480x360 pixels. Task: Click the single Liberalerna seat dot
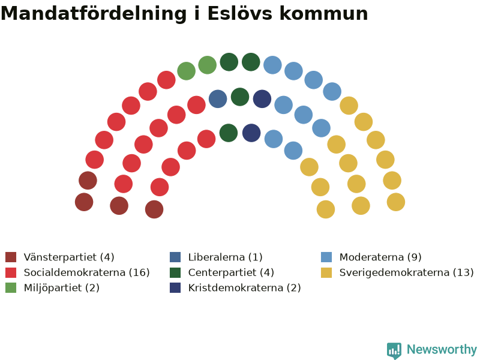coord(218,99)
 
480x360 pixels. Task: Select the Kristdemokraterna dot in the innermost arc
coord(251,133)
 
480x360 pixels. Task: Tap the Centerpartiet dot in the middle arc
coord(240,97)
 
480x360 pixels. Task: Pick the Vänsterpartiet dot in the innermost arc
coord(154,209)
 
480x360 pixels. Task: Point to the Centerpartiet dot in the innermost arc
coord(229,133)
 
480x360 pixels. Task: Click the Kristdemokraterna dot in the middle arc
coord(262,99)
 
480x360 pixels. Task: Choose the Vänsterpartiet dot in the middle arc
coord(119,206)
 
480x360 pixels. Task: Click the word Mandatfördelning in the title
coord(94,13)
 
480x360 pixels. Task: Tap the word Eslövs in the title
coord(239,13)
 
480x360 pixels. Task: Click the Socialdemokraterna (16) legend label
coord(86,272)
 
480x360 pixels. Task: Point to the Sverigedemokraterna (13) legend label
coord(407,272)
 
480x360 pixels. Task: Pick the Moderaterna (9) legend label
coord(380,257)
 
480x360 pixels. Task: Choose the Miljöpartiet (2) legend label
coord(62,288)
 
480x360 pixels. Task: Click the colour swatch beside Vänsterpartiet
coord(11,257)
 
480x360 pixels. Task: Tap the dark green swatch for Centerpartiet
coord(175,272)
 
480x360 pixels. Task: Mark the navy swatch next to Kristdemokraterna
coord(175,288)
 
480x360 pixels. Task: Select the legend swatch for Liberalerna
coord(175,257)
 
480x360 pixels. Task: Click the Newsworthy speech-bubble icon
coord(394,350)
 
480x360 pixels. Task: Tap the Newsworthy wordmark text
coord(442,349)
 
